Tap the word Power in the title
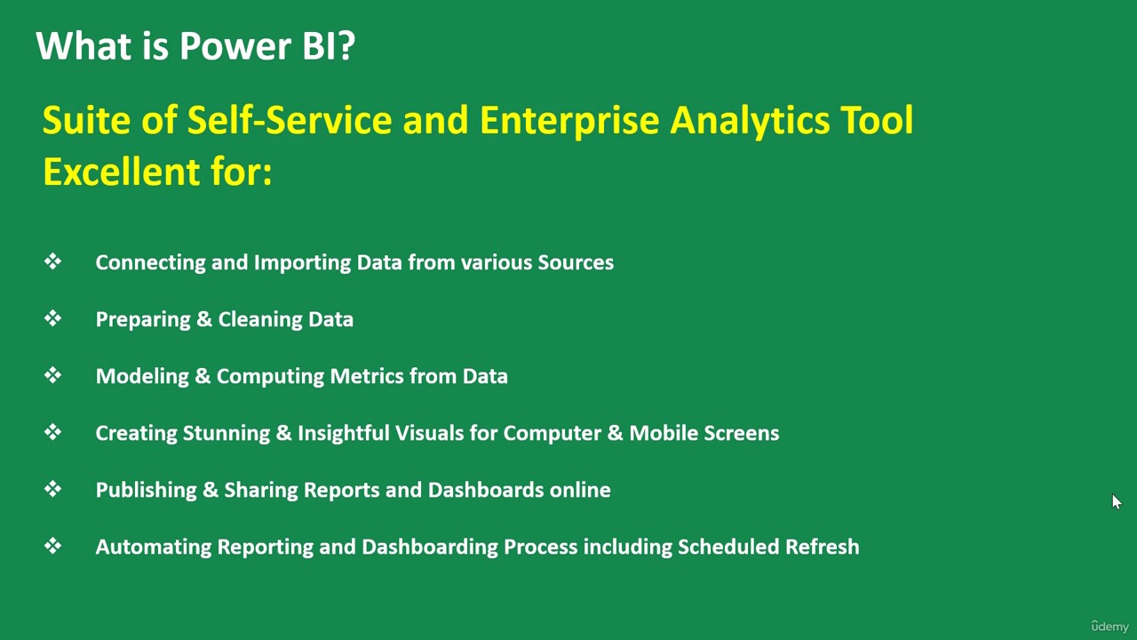click(x=236, y=45)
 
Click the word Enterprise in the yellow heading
click(x=569, y=121)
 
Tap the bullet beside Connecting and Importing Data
click(x=52, y=261)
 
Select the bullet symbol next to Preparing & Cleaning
click(x=52, y=318)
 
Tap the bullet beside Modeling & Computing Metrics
click(x=52, y=375)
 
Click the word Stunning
click(x=227, y=433)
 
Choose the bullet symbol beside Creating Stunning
click(x=52, y=432)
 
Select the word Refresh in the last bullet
click(x=823, y=547)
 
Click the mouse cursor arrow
click(x=1117, y=501)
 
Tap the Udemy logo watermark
click(x=1109, y=627)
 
